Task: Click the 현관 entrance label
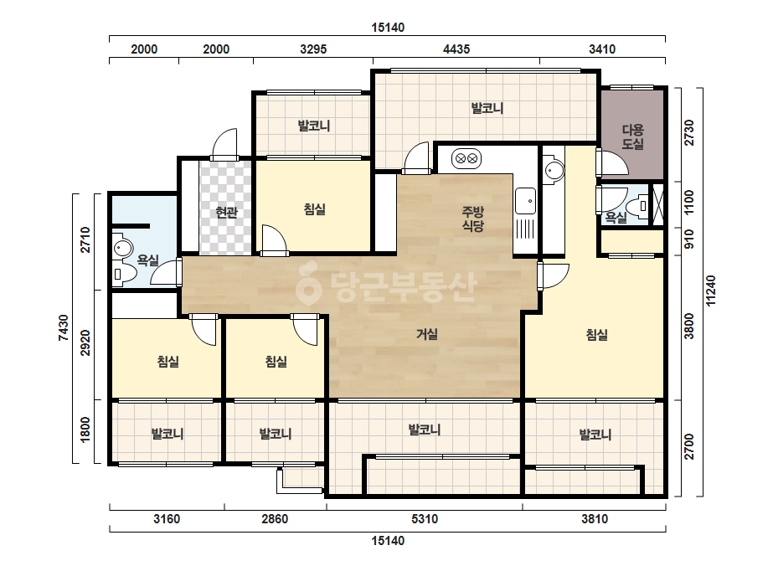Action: point(226,213)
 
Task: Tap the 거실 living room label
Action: point(427,334)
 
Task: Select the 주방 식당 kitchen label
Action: point(473,219)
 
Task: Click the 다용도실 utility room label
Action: point(632,137)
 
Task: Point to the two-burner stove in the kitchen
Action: point(466,159)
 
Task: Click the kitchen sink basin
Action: point(525,201)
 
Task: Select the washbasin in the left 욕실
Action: point(121,248)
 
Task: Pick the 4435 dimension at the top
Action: point(456,49)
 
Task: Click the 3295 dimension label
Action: point(313,49)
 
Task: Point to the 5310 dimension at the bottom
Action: point(425,518)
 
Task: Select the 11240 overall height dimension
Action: point(710,291)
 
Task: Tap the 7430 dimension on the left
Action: point(63,328)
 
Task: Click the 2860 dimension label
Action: point(275,518)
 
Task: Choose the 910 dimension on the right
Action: point(689,239)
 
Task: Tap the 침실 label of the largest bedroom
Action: point(596,335)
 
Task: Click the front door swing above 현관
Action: point(224,144)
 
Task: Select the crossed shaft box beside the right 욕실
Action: point(658,204)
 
